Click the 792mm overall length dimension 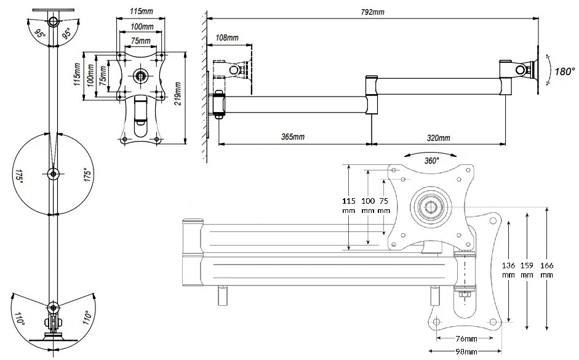click(372, 12)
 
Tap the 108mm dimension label click(226, 38)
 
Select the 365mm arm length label click(293, 137)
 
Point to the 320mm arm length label click(438, 138)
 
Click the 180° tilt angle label click(565, 71)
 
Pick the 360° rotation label click(431, 161)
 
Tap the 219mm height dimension click(178, 94)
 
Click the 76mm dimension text click(466, 338)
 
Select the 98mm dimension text click(466, 351)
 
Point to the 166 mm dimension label click(546, 270)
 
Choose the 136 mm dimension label click(508, 270)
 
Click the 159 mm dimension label click(527, 270)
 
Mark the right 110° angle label click(87, 317)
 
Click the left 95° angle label click(39, 34)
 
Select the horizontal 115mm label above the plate click(141, 11)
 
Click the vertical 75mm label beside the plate click(104, 73)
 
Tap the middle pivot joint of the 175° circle click(53, 174)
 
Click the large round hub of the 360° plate click(431, 207)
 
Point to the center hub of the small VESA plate click(140, 75)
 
